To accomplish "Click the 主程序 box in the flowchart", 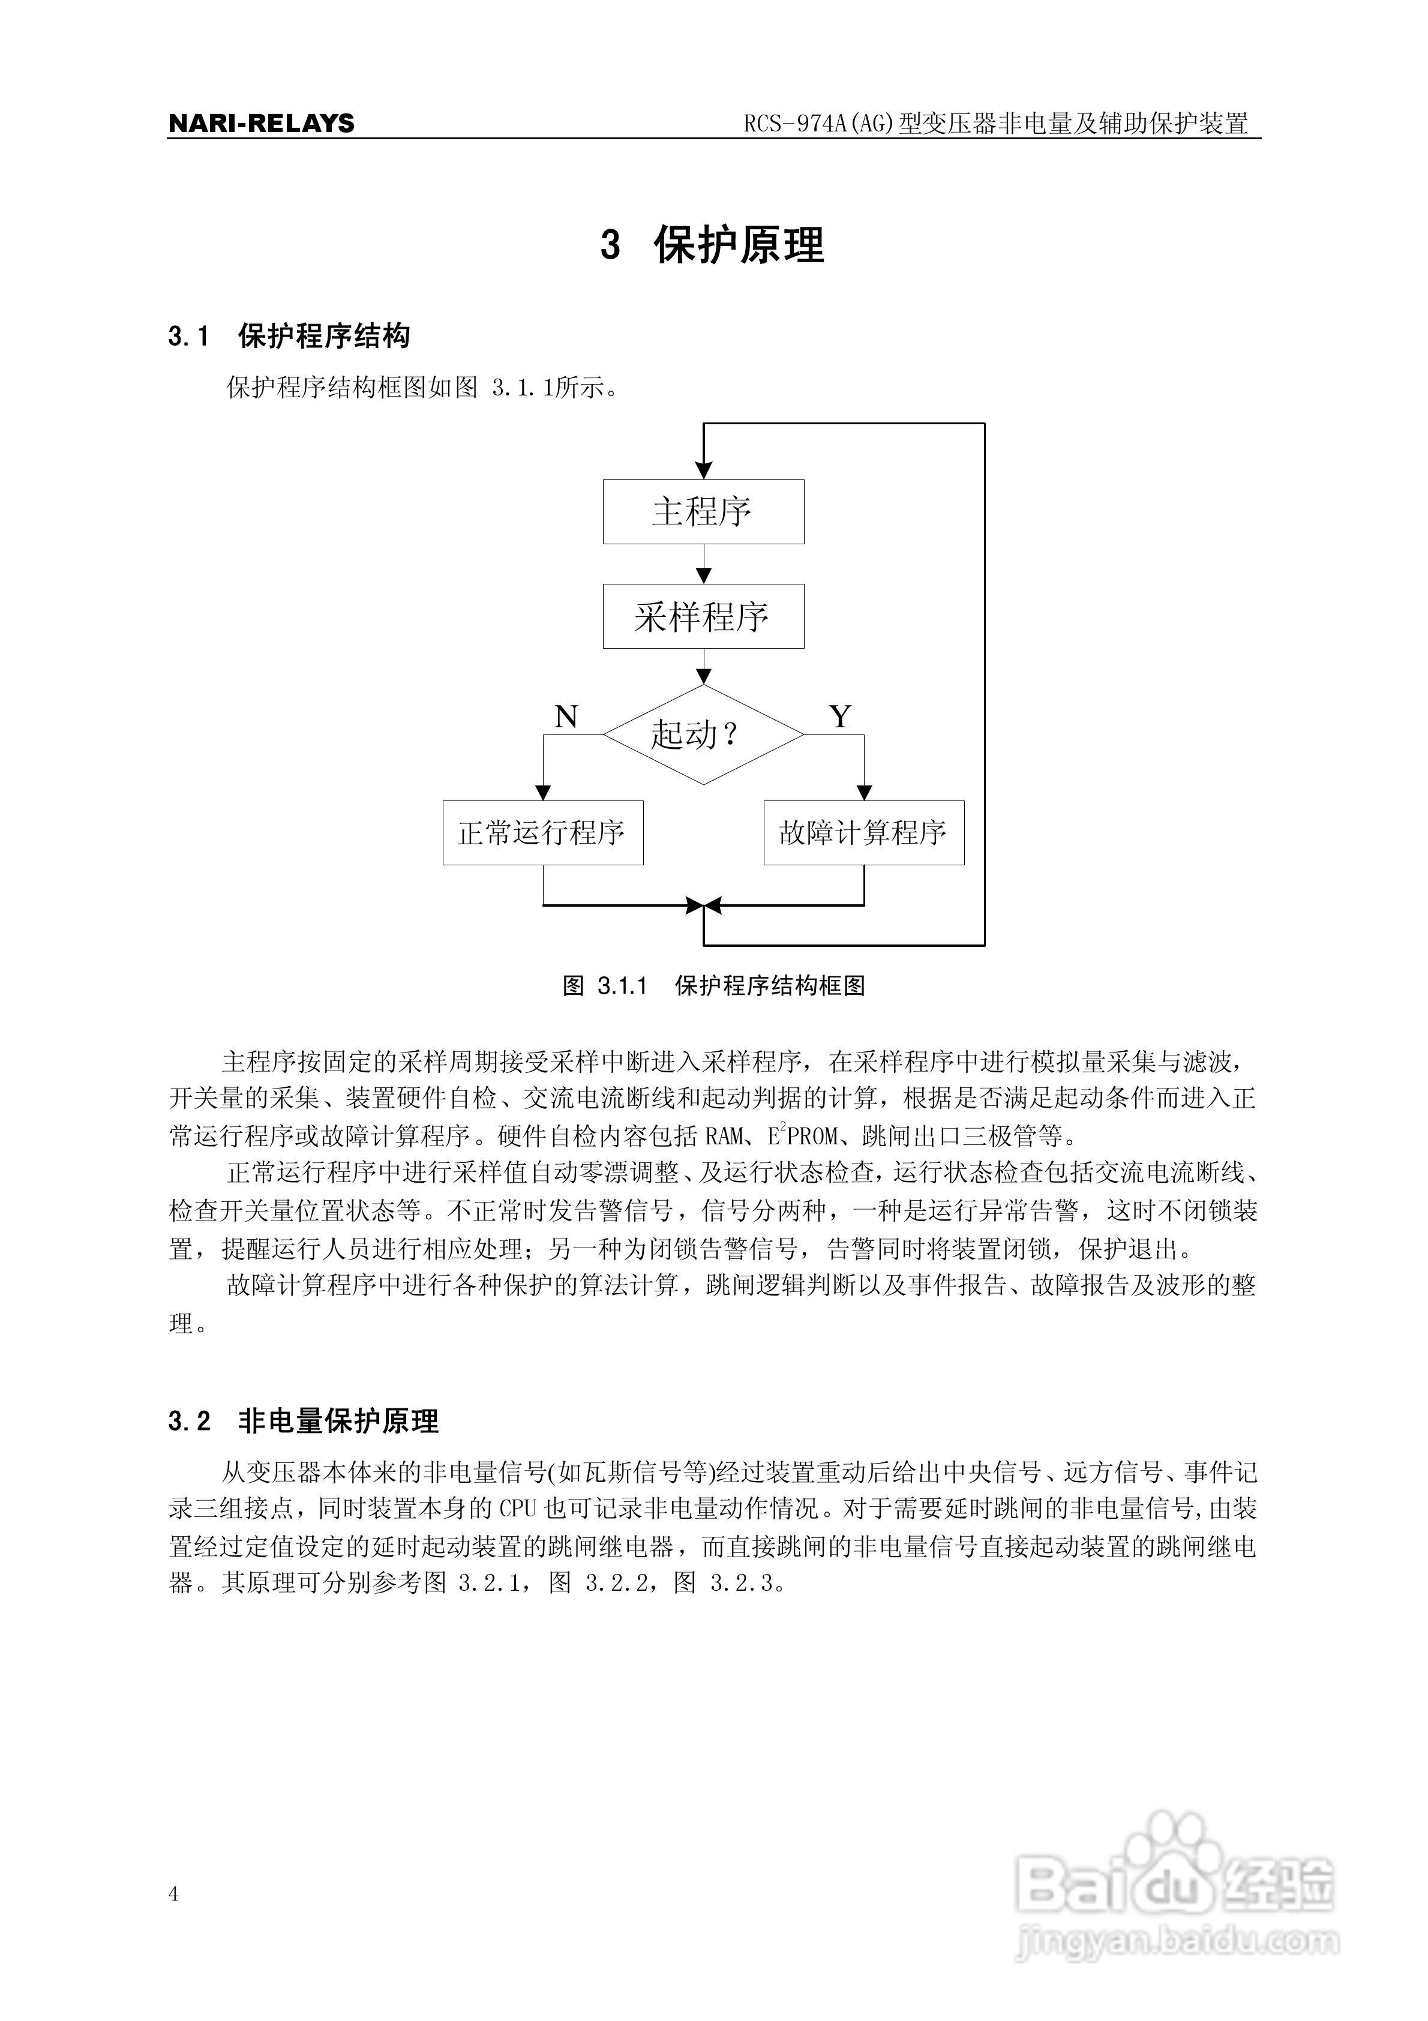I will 703,511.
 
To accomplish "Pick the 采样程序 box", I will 703,616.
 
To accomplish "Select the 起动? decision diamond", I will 703,734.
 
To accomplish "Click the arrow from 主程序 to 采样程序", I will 703,564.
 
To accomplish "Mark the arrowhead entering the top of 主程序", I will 703,470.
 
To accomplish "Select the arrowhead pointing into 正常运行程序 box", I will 543,791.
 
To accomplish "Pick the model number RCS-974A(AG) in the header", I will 819,123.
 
